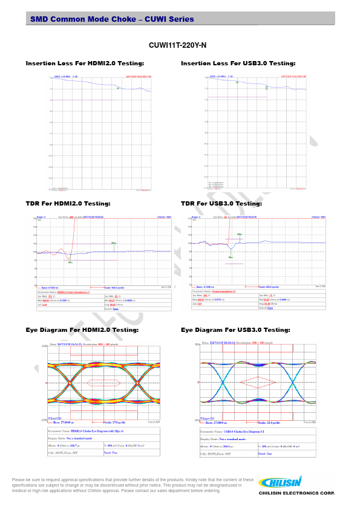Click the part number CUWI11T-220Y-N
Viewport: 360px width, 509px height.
[177, 45]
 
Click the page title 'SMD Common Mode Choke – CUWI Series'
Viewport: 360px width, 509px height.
[112, 19]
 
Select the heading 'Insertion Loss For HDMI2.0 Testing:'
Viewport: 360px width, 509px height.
[85, 63]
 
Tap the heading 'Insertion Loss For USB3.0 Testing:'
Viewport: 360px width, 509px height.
[238, 63]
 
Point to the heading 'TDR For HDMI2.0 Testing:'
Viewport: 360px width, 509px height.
[68, 204]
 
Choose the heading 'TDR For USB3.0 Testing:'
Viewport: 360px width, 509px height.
[221, 204]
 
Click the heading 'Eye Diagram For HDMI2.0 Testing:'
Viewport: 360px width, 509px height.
[82, 330]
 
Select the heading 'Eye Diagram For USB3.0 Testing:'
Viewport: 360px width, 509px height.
[235, 330]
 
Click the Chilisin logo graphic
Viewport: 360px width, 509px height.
[280, 482]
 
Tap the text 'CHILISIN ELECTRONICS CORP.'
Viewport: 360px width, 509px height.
[296, 493]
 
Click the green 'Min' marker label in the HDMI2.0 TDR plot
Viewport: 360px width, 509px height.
[70, 262]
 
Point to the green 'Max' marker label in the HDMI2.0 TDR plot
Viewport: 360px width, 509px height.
[113, 243]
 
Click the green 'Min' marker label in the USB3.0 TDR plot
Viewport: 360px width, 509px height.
[231, 258]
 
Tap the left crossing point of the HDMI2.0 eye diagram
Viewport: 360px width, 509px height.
[70, 383]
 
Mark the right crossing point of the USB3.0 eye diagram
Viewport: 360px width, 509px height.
[293, 383]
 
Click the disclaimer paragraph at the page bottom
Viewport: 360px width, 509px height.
[133, 485]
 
